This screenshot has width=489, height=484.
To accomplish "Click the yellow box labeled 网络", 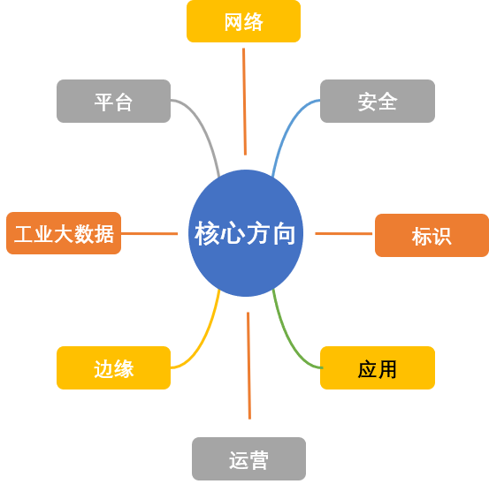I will (243, 21).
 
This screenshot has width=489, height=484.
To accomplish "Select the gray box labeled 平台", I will (113, 101).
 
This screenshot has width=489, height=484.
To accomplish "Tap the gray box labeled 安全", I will (377, 101).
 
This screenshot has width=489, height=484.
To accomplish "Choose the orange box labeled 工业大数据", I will (64, 233).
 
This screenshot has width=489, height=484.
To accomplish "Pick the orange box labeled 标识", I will (432, 235).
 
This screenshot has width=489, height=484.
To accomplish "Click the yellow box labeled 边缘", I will (113, 367).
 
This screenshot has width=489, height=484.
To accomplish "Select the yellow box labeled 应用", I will (377, 367).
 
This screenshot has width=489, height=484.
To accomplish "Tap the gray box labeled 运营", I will (248, 459).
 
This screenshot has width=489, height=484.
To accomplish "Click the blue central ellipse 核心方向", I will (245, 233).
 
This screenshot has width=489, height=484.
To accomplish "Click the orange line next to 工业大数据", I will (149, 234).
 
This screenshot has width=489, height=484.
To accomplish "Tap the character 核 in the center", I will (207, 233).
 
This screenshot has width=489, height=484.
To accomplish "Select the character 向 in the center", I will (284, 233).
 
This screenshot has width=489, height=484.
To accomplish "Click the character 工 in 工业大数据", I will (24, 234).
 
